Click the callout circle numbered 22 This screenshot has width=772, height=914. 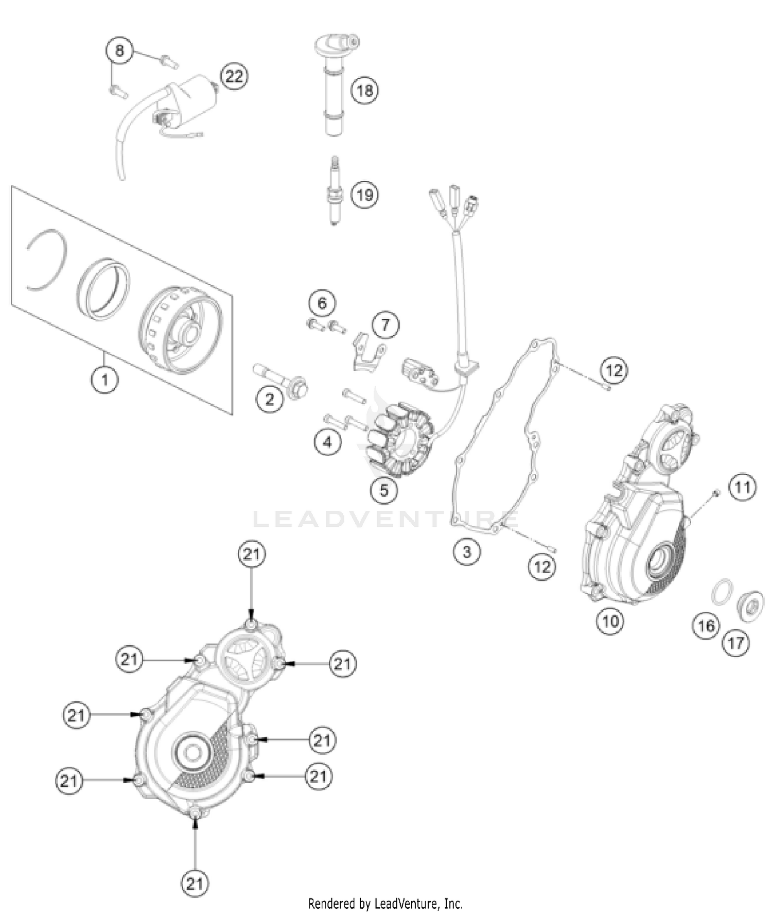click(x=234, y=77)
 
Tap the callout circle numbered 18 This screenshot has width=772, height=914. click(x=364, y=91)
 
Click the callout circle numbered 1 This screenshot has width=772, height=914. click(x=105, y=380)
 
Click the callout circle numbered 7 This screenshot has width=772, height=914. click(x=385, y=325)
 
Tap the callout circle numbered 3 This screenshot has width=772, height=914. click(x=466, y=552)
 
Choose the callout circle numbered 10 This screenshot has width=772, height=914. click(x=610, y=621)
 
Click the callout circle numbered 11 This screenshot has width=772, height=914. click(x=742, y=487)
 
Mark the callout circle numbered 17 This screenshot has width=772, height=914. click(x=735, y=643)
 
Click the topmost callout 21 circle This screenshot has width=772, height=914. click(x=252, y=555)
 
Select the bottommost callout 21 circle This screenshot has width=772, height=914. click(x=195, y=884)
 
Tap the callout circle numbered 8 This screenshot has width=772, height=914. click(x=119, y=51)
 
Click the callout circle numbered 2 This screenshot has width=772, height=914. click(x=270, y=399)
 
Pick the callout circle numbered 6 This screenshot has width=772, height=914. click(x=322, y=303)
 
